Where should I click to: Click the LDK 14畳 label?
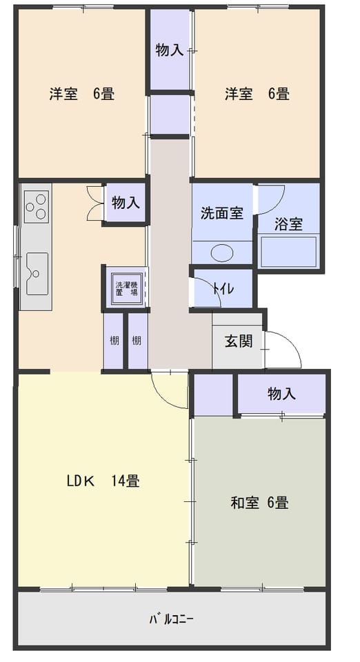click(x=103, y=481)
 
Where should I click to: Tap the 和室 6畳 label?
click(x=259, y=503)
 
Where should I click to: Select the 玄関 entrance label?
click(x=239, y=341)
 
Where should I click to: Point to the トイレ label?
click(x=223, y=289)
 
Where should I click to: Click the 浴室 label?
click(x=288, y=224)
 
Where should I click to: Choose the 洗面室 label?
click(x=221, y=213)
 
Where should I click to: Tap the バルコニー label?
click(x=171, y=619)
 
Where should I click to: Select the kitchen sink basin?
click(x=37, y=274)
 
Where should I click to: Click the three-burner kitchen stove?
click(x=36, y=206)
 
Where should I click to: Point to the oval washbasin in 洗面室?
click(x=222, y=253)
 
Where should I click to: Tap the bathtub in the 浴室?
click(x=289, y=252)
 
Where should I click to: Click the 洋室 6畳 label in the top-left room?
click(x=82, y=93)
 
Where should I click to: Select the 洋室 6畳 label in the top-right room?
click(x=257, y=93)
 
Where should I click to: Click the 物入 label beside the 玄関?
click(x=281, y=394)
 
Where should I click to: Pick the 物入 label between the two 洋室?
click(x=169, y=50)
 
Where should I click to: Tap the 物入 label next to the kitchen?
click(x=126, y=203)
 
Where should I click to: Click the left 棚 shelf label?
click(x=114, y=340)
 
